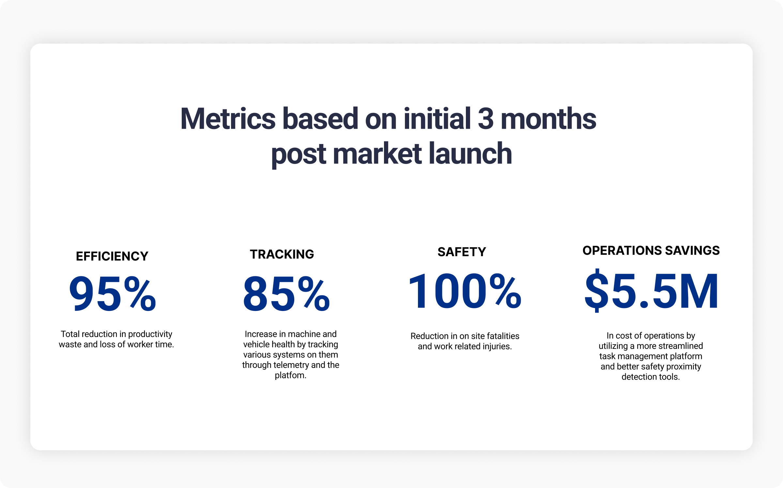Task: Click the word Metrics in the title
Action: pos(228,119)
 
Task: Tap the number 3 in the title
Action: pos(485,119)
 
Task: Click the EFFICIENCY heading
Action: pos(112,256)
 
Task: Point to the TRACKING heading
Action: pos(282,254)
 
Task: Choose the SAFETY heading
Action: pos(462,252)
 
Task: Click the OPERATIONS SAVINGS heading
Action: pos(651,251)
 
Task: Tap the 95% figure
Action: pos(113,293)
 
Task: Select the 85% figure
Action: pos(286,293)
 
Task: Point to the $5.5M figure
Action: pos(651,290)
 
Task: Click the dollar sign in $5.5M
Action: pos(597,290)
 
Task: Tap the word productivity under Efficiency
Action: pos(150,334)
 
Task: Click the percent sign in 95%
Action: pos(140,293)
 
